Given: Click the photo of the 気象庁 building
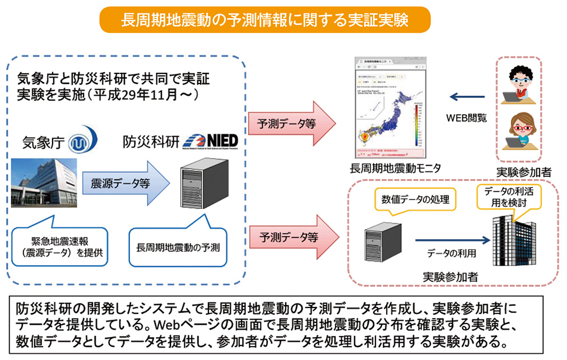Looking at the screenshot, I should (x=44, y=182).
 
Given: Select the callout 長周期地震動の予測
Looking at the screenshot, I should (x=178, y=246).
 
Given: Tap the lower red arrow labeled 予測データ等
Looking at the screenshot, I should (x=291, y=237).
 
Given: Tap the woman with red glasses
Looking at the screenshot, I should (x=519, y=133).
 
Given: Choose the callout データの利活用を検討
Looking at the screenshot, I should (x=508, y=197).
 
